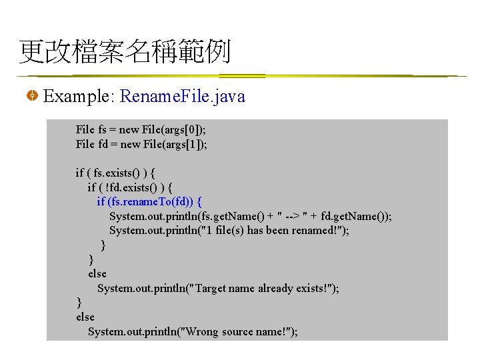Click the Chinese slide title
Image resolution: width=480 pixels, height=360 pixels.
(125, 51)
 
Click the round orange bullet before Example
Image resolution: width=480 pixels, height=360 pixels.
(31, 97)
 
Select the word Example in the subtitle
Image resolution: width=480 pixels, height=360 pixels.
(77, 97)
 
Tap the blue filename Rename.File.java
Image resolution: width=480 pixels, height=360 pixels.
(183, 97)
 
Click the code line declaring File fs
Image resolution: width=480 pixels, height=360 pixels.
(141, 129)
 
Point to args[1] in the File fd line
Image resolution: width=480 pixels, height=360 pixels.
(187, 144)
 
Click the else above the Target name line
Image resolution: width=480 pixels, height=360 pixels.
(97, 273)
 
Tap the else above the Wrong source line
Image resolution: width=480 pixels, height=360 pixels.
(85, 317)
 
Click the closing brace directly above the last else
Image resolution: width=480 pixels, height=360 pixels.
(79, 303)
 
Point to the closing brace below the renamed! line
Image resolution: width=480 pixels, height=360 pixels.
(103, 245)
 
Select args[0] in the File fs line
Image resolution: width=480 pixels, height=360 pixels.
(187, 129)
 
